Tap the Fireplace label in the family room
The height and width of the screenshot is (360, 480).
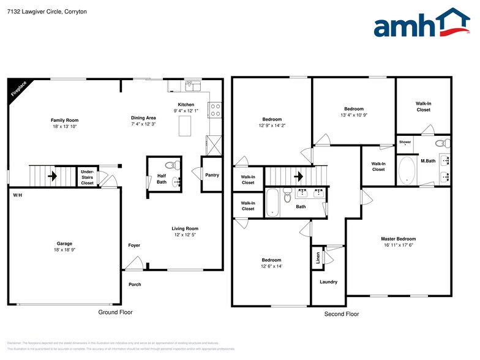coord(19,89)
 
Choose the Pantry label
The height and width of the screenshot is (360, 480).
coord(212,175)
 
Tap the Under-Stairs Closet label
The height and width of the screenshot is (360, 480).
coord(88,178)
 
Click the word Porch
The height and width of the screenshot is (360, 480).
coord(135,284)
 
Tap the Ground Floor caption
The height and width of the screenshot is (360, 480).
coord(115,312)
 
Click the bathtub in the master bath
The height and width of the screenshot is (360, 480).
coord(406,170)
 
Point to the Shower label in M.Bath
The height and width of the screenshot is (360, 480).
coord(405,142)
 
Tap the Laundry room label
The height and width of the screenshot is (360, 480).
coord(328,282)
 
